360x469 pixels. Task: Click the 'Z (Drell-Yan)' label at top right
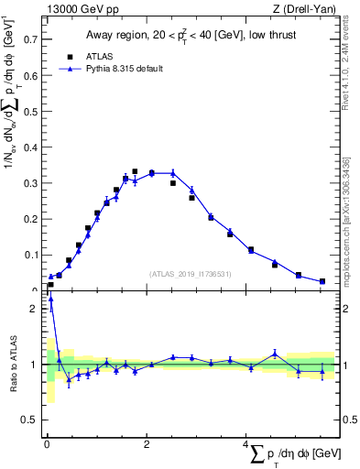coord(303,8)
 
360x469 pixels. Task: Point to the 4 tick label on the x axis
coord(245,444)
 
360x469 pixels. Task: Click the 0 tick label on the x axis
coord(47,444)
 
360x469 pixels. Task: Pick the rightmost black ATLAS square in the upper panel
coord(322,281)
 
